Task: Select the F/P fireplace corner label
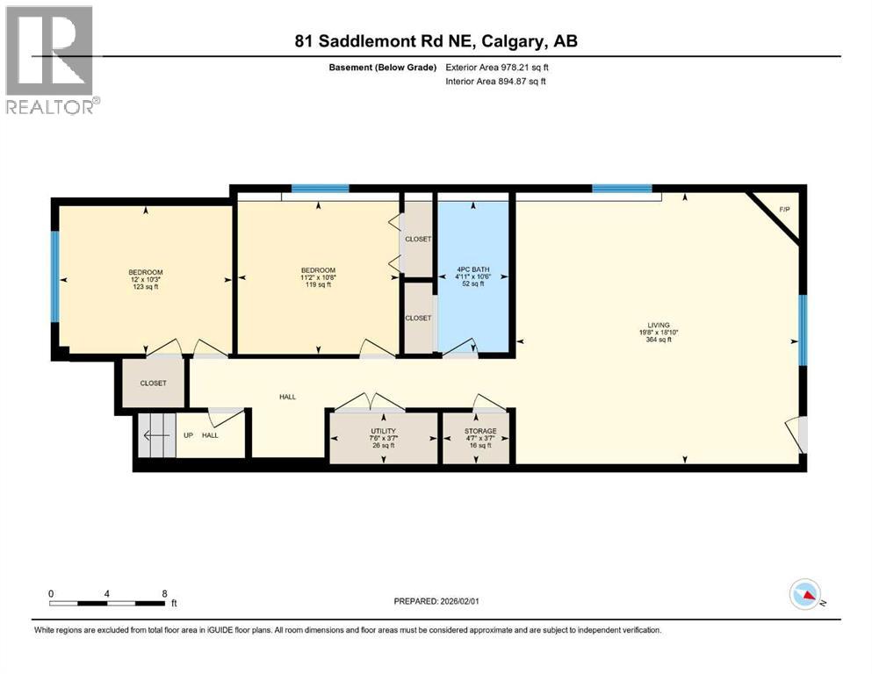783,210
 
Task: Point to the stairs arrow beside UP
155,434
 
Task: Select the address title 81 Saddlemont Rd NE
436,40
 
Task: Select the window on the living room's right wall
802,329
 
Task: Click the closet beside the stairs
153,384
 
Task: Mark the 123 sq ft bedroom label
146,279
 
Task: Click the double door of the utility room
370,403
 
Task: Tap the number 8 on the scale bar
164,593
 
